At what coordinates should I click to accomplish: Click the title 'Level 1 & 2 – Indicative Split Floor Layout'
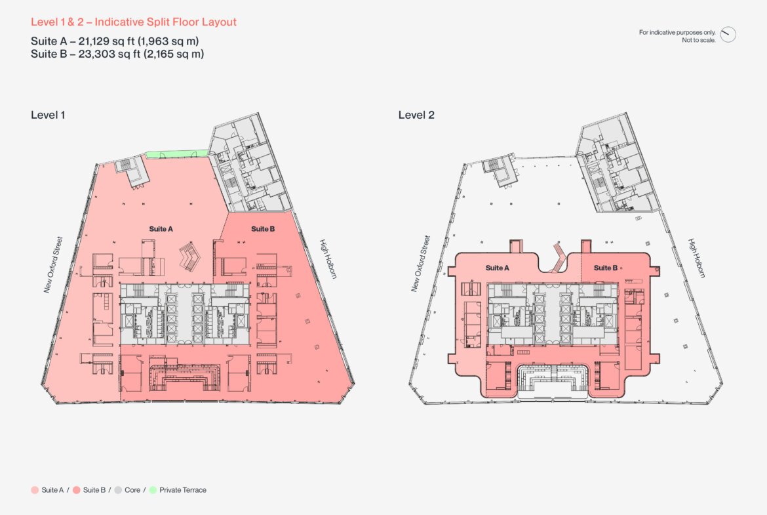pos(134,22)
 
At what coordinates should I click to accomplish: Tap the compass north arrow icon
pos(728,34)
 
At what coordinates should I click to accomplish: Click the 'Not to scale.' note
pos(699,40)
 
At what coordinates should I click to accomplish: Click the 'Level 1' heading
pos(48,115)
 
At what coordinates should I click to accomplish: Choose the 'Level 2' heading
pos(416,115)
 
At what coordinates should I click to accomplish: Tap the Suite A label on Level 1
pos(161,228)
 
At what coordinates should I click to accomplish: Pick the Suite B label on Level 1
pos(263,228)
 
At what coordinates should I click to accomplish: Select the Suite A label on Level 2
pos(497,268)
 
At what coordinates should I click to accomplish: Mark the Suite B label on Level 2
pos(606,268)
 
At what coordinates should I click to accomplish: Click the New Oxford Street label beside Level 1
pos(53,265)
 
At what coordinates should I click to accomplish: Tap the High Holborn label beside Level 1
pos(328,259)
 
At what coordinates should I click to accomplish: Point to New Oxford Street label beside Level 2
pos(421,264)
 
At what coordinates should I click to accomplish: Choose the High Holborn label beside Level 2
pos(697,258)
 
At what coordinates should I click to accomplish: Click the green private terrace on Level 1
pos(178,154)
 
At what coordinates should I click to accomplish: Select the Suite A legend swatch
pos(35,490)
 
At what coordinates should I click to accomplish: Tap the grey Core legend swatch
pos(118,490)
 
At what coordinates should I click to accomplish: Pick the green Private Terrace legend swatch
pos(153,490)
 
